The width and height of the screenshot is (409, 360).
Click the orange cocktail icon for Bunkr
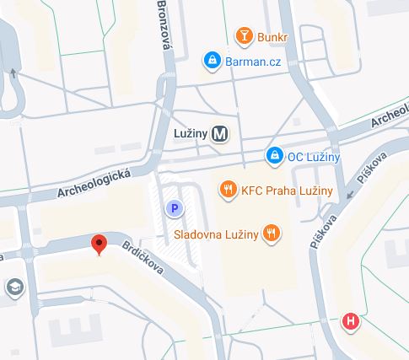tap(244, 36)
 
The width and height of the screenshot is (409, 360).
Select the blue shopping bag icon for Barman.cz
tap(211, 60)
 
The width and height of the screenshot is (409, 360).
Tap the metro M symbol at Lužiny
tap(220, 133)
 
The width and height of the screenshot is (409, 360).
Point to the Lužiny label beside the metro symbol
tap(190, 133)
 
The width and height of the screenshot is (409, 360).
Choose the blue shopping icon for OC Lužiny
tap(274, 156)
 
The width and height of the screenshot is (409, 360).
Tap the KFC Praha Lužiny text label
tap(287, 191)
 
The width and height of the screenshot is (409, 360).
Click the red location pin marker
tap(100, 245)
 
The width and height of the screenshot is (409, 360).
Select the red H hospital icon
tap(349, 320)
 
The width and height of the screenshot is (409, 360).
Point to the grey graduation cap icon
tap(13, 287)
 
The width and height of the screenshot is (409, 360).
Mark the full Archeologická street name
tap(94, 181)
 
